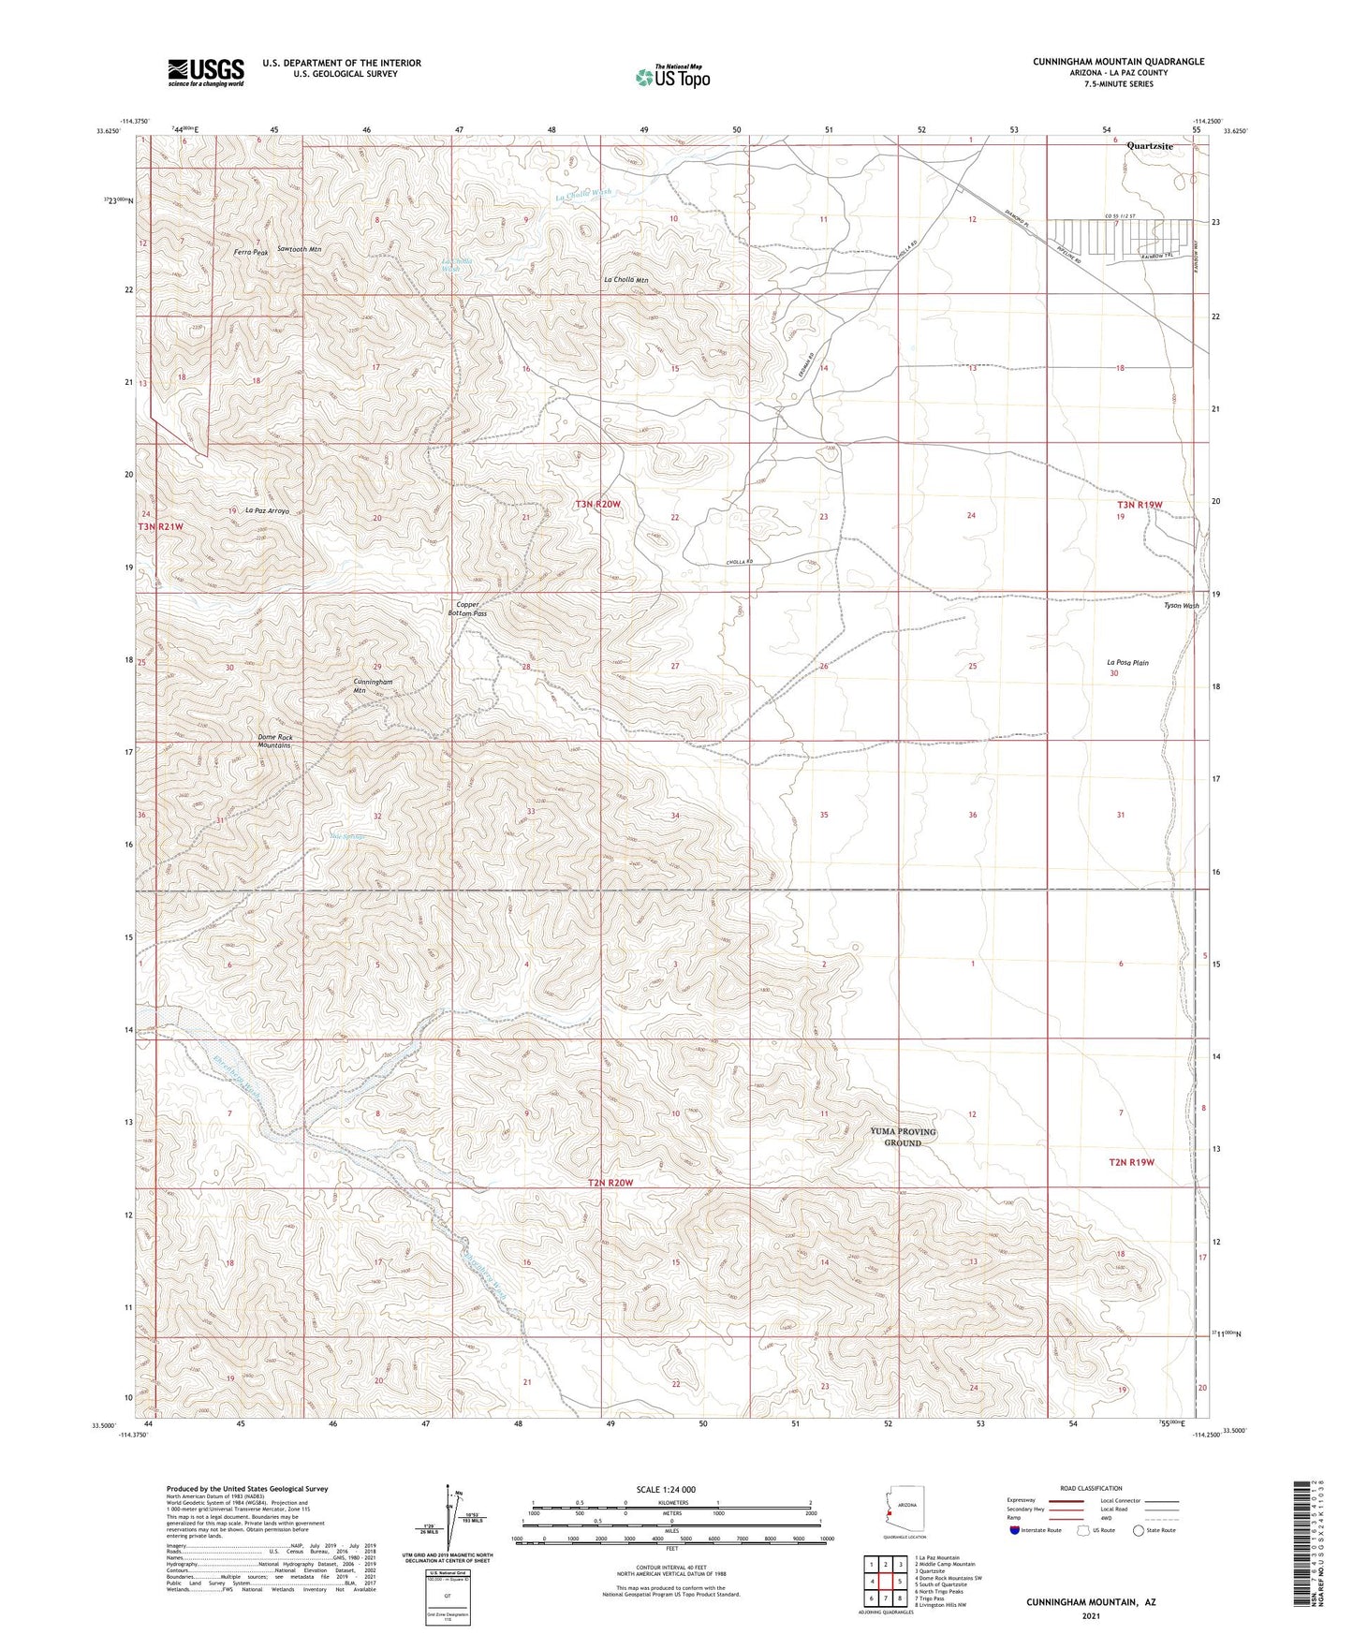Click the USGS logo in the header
coord(206,71)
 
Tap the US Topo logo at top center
coord(672,77)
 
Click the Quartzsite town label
coord(1150,146)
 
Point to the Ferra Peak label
coord(252,252)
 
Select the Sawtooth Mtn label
coord(300,250)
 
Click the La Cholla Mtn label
coord(625,280)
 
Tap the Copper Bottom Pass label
coord(471,609)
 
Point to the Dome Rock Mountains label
coord(275,741)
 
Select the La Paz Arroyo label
coord(267,510)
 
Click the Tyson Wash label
coord(1181,606)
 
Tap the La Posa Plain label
coord(1127,662)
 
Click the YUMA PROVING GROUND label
coord(903,1137)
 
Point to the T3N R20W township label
coord(597,504)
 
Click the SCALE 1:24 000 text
coord(666,1490)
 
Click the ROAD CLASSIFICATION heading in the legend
coord(1091,1488)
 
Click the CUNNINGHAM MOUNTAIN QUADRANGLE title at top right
coord(1118,62)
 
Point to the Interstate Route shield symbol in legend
coord(1015,1530)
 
